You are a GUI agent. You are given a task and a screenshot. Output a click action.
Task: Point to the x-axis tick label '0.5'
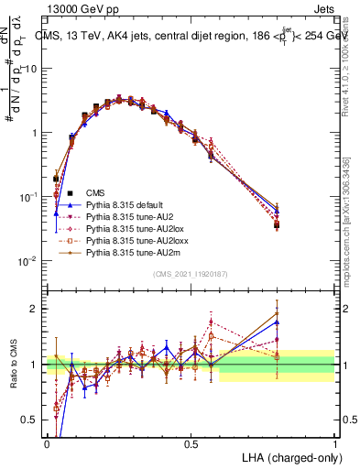[191, 443]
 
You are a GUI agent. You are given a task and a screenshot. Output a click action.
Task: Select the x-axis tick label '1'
[334, 443]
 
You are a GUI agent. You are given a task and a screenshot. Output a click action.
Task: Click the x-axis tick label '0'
[48, 443]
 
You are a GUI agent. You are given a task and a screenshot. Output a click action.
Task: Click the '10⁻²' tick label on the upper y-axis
[27, 261]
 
